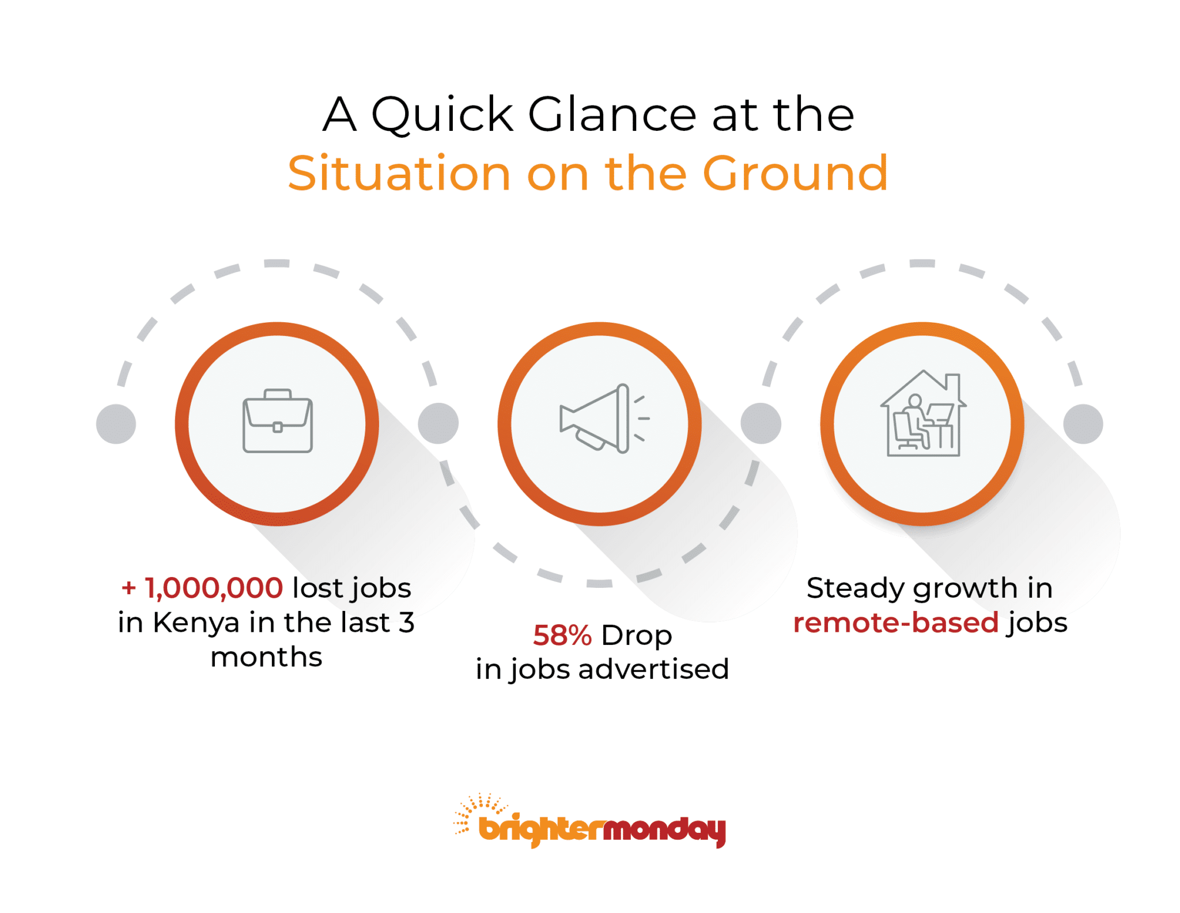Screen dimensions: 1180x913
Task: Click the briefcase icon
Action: click(277, 421)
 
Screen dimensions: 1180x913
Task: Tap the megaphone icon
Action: click(604, 418)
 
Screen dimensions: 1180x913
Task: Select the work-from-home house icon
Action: click(923, 413)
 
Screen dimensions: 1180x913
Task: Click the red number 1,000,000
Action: click(214, 588)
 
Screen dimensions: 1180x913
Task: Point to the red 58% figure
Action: click(562, 635)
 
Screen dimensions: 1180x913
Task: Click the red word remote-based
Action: click(896, 622)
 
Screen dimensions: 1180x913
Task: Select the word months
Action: click(266, 657)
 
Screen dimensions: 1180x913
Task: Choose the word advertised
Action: click(654, 669)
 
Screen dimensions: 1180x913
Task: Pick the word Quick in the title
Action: click(442, 115)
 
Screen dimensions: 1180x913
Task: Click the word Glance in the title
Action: click(612, 114)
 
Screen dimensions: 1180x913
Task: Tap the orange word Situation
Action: click(399, 173)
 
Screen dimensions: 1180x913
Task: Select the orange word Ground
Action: click(796, 173)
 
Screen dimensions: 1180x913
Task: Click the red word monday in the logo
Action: click(664, 831)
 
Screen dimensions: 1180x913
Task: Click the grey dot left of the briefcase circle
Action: click(116, 424)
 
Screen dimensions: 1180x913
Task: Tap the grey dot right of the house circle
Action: click(1083, 424)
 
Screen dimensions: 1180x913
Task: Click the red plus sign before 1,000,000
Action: click(128, 588)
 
